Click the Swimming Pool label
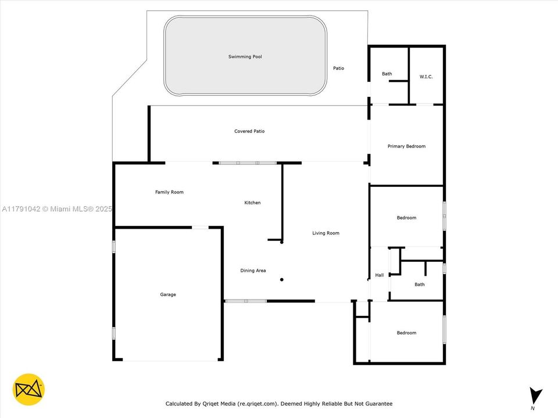pyautogui.click(x=245, y=56)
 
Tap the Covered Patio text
pyautogui.click(x=249, y=131)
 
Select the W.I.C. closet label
pyautogui.click(x=426, y=77)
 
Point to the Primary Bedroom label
pyautogui.click(x=406, y=146)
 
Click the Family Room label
pyautogui.click(x=169, y=192)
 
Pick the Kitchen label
pyautogui.click(x=252, y=203)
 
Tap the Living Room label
pyautogui.click(x=325, y=233)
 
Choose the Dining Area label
pyautogui.click(x=253, y=271)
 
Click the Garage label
pyautogui.click(x=168, y=294)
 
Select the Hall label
pyautogui.click(x=380, y=275)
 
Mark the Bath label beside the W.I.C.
pyautogui.click(x=387, y=74)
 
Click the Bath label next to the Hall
pyautogui.click(x=420, y=284)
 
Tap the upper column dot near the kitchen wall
pyautogui.click(x=282, y=243)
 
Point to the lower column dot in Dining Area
pyautogui.click(x=282, y=280)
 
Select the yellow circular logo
pyautogui.click(x=28, y=390)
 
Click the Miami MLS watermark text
pyautogui.click(x=57, y=209)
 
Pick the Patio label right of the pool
pyautogui.click(x=338, y=69)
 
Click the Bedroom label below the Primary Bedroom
pyautogui.click(x=406, y=218)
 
